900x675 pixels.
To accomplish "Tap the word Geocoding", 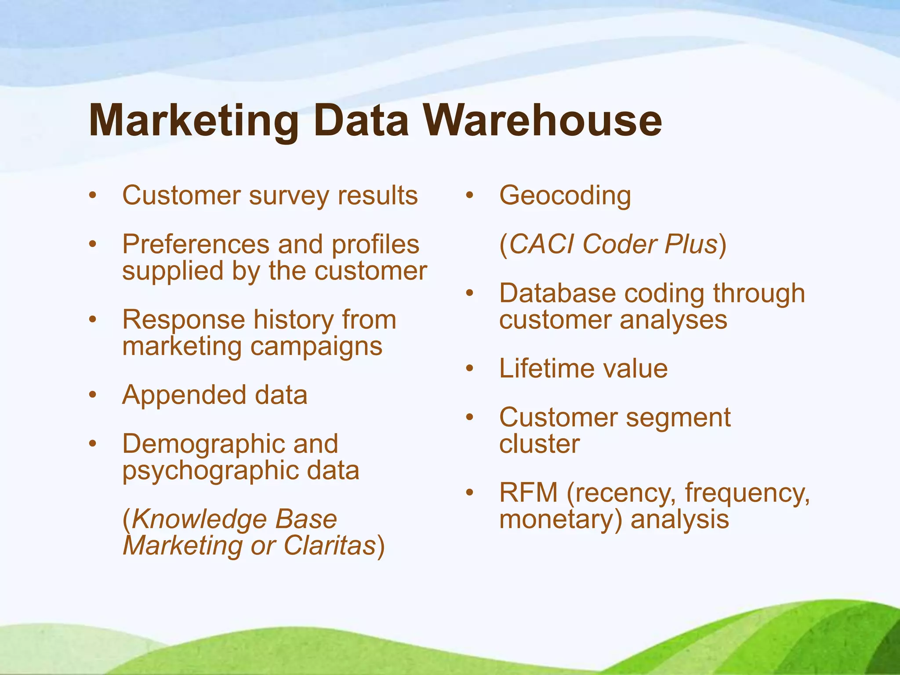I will pos(565,196).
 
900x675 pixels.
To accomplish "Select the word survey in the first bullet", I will pos(289,196).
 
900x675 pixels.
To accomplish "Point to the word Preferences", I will pos(195,244).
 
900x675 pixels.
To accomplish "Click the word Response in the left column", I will pos(183,319).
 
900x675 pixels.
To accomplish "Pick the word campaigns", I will pos(316,347).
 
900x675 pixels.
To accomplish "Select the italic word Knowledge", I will pos(198,520).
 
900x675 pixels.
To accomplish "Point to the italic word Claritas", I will pos(330,546).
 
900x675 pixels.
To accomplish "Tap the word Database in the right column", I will pos(558,293).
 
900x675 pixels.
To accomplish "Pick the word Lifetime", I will pos(545,368).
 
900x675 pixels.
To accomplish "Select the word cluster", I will pos(540,444).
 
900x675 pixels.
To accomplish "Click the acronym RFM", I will pos(529,493).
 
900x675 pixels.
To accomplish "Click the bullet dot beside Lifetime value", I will pos(470,368).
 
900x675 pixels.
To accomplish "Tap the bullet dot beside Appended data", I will pos(92,395).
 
